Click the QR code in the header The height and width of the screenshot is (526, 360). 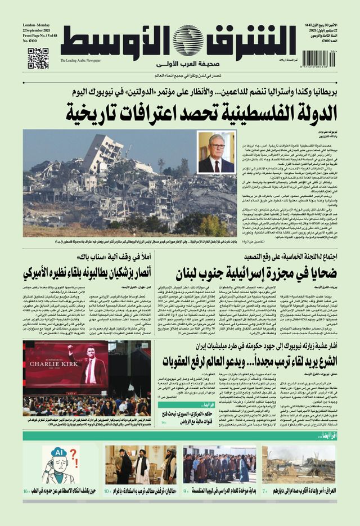coord(38,58)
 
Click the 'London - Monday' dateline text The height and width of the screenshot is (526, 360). coord(37,26)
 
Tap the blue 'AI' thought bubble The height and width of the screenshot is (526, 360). coord(58,453)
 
